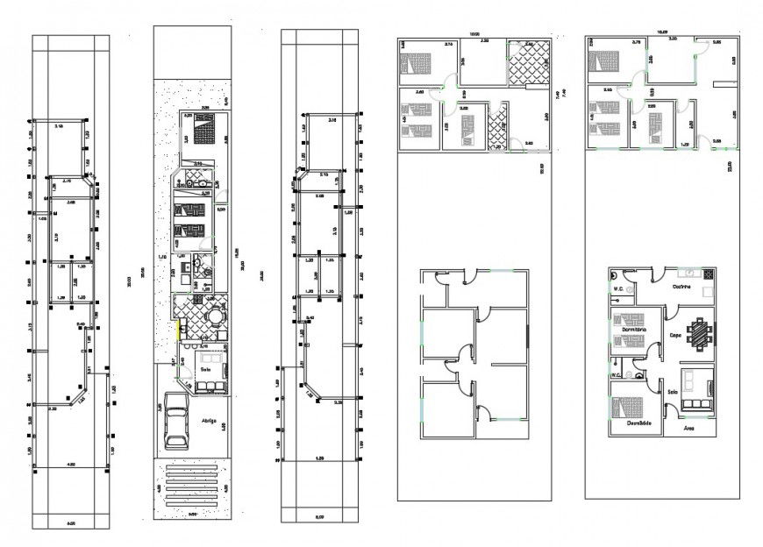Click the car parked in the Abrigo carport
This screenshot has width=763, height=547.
(x=176, y=420)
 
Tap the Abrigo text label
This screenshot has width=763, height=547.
(x=209, y=420)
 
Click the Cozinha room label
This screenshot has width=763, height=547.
(x=681, y=287)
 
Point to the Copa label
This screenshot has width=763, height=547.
(x=675, y=335)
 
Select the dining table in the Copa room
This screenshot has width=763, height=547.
(x=701, y=334)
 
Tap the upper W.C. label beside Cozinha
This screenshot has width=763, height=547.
(x=617, y=288)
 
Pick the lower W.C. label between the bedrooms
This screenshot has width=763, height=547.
(x=617, y=376)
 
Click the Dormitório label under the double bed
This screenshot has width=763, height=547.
(x=638, y=423)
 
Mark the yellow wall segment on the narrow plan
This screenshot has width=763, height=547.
(x=179, y=330)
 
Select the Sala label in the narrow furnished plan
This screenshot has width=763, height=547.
(x=205, y=370)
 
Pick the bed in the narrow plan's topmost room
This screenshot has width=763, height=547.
(x=204, y=132)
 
